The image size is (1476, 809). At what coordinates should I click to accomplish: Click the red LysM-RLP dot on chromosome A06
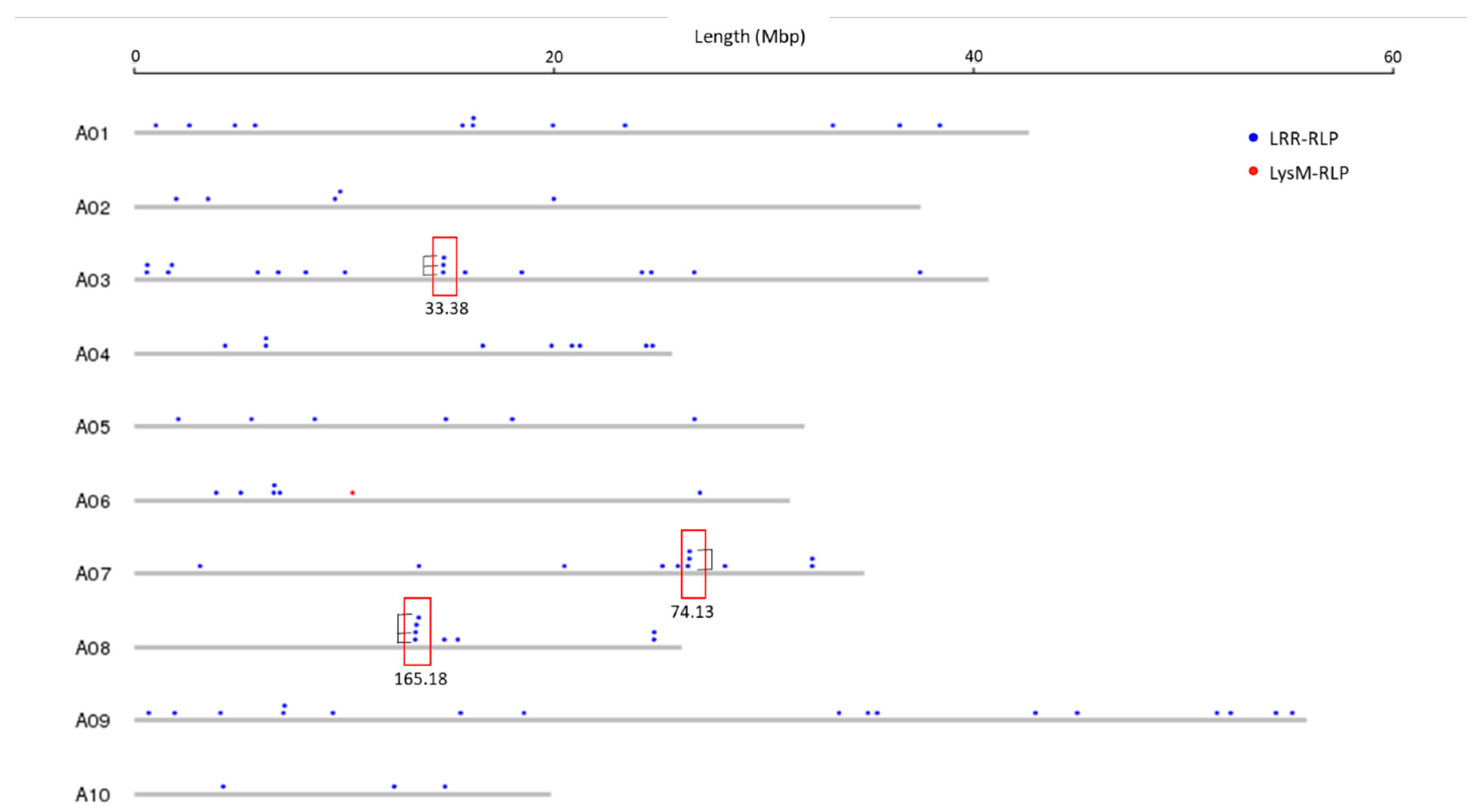tap(352, 492)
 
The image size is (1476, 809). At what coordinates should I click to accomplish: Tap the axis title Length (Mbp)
tap(749, 37)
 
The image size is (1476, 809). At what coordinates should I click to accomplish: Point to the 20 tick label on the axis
tap(553, 57)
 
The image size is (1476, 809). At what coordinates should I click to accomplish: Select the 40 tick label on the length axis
tap(973, 56)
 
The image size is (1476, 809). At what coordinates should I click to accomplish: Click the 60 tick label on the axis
tap(1392, 57)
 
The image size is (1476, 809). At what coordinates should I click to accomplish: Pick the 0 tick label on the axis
tap(135, 56)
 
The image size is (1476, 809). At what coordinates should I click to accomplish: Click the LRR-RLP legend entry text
tap(1304, 138)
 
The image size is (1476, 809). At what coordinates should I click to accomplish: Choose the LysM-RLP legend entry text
tap(1309, 173)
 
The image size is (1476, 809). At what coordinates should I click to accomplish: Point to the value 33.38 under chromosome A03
tap(447, 309)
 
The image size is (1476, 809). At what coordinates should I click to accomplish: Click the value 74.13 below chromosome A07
tap(692, 612)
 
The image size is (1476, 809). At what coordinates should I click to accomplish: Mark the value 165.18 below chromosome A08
tap(421, 679)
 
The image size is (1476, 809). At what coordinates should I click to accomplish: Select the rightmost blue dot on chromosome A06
tap(700, 492)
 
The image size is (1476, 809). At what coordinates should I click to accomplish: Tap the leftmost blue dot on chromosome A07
tap(200, 566)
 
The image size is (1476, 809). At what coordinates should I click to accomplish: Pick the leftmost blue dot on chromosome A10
tap(223, 786)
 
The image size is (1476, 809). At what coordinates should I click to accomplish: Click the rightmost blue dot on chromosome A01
tap(940, 125)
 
